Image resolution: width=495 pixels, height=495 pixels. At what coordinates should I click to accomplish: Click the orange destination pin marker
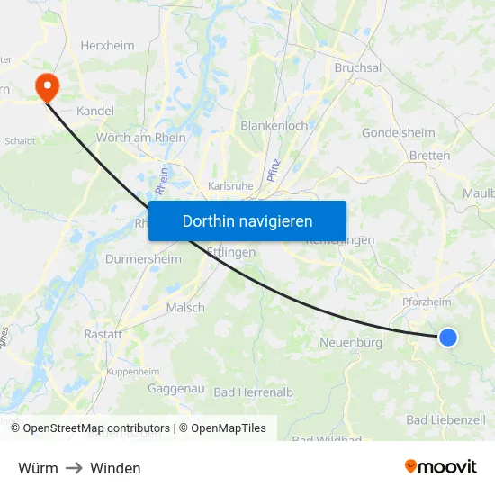click(x=44, y=86)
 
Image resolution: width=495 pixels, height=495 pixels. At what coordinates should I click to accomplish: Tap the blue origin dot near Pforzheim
click(x=448, y=337)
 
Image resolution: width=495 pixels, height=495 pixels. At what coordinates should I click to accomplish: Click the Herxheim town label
click(x=107, y=45)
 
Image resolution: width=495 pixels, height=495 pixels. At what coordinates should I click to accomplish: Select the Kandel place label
click(x=95, y=111)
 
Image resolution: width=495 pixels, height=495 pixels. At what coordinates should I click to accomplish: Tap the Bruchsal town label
click(x=358, y=67)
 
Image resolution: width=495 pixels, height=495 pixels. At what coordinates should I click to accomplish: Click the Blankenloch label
click(x=274, y=126)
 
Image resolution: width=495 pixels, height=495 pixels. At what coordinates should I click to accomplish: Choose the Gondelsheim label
click(x=399, y=133)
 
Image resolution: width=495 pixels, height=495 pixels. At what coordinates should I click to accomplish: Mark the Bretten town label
click(x=429, y=156)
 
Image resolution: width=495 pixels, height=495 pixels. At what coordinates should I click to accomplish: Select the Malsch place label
click(x=185, y=307)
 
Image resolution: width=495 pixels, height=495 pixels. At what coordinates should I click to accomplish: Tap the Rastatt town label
click(x=103, y=334)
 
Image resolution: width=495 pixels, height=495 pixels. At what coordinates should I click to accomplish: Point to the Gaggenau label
click(x=176, y=390)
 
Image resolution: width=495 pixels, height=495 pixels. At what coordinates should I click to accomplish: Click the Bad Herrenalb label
click(x=254, y=392)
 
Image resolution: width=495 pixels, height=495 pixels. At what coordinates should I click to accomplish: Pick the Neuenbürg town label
click(x=351, y=343)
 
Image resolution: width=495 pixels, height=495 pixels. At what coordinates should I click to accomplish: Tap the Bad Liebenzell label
click(x=445, y=419)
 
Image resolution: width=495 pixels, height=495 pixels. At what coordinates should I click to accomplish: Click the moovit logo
click(x=441, y=466)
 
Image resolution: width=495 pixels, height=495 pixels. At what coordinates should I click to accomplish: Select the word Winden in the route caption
click(x=115, y=468)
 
